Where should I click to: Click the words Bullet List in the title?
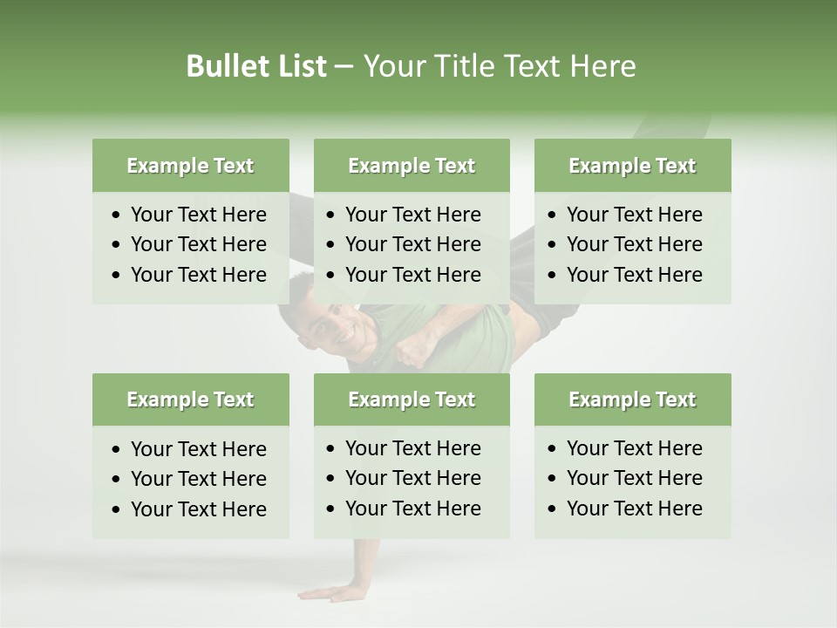coord(255,66)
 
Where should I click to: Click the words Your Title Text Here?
coord(499,66)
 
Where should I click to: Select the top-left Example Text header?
coord(190,166)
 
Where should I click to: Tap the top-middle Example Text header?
coord(412,166)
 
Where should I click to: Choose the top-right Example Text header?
coord(632,166)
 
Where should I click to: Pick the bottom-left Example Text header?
coord(190,399)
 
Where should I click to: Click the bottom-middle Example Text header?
coord(412,399)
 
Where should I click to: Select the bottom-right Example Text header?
coord(632,399)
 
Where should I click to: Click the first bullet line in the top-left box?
coord(198,215)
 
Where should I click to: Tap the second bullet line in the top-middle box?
coord(412,244)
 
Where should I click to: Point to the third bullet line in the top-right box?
coord(634,275)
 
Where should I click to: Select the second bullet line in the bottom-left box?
coord(198,479)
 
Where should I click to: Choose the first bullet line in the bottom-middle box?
coord(412,448)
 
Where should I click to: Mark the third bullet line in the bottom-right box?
coord(634,509)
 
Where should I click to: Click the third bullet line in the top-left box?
coord(198,275)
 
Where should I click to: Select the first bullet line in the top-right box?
coord(634,215)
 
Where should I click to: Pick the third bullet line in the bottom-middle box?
coord(412,509)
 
